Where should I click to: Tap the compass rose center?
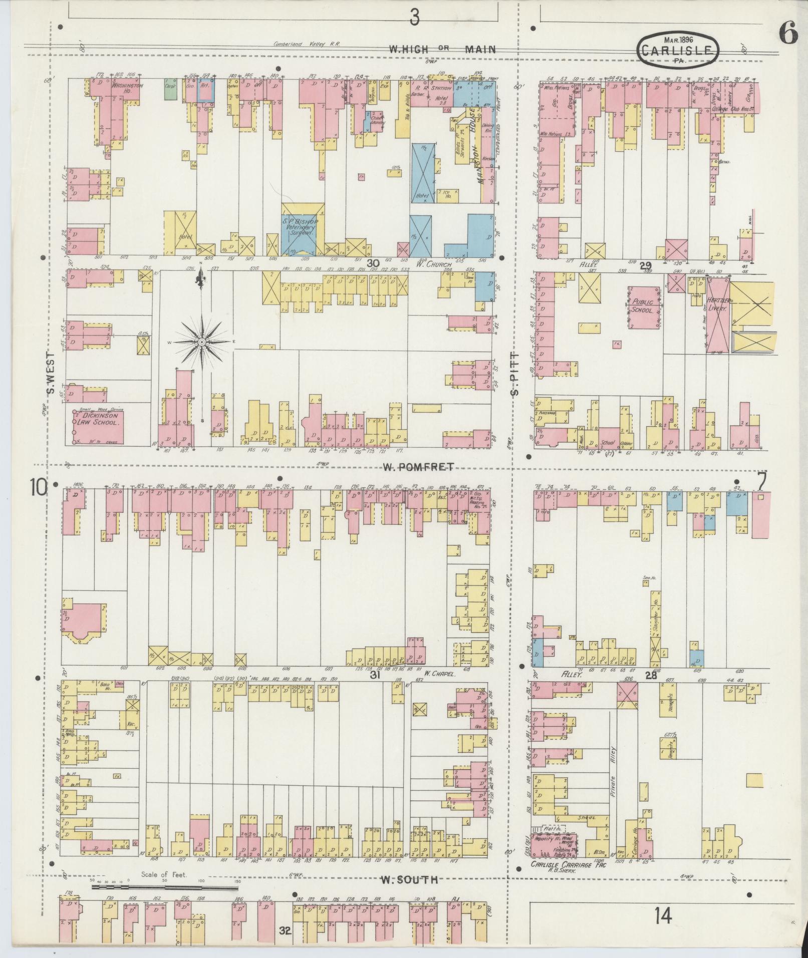tap(201, 342)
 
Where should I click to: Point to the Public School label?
tap(643, 306)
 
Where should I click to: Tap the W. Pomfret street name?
tap(419, 467)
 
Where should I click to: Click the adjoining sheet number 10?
tap(39, 487)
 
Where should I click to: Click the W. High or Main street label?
tap(443, 49)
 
